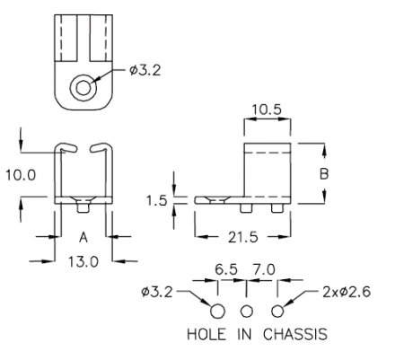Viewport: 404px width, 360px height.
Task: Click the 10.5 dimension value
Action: pyautogui.click(x=267, y=110)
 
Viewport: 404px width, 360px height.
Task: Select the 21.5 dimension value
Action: pyautogui.click(x=242, y=238)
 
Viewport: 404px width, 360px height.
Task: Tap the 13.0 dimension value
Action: pyautogui.click(x=83, y=262)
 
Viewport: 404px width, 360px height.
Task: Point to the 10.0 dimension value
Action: pyautogui.click(x=21, y=175)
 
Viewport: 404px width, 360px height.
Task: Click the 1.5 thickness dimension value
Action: pyautogui.click(x=156, y=200)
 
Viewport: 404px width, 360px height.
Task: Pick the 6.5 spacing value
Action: pyautogui.click(x=226, y=270)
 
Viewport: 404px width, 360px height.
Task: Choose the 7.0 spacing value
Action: pyautogui.click(x=264, y=270)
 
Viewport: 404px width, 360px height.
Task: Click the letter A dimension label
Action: pyautogui.click(x=83, y=238)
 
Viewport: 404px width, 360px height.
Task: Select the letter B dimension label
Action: pyautogui.click(x=324, y=174)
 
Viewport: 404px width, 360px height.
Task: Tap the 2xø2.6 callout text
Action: pyautogui.click(x=347, y=292)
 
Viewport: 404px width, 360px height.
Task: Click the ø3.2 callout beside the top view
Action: pyautogui.click(x=145, y=71)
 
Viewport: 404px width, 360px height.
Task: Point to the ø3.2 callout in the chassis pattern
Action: pyautogui.click(x=157, y=292)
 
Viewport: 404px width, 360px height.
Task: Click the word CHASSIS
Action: pyautogui.click(x=295, y=334)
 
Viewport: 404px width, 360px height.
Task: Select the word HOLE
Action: pyautogui.click(x=206, y=334)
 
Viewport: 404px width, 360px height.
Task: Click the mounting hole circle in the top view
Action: pyautogui.click(x=83, y=88)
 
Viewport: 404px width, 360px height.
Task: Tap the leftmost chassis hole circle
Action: pyautogui.click(x=217, y=312)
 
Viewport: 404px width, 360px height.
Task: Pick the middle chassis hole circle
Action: pyautogui.click(x=247, y=312)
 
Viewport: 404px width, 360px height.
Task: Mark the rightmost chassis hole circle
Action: pyautogui.click(x=277, y=312)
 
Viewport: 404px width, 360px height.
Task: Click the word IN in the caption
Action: pyautogui.click(x=244, y=334)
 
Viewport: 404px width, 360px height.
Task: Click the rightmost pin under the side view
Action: pyautogui.click(x=277, y=208)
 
